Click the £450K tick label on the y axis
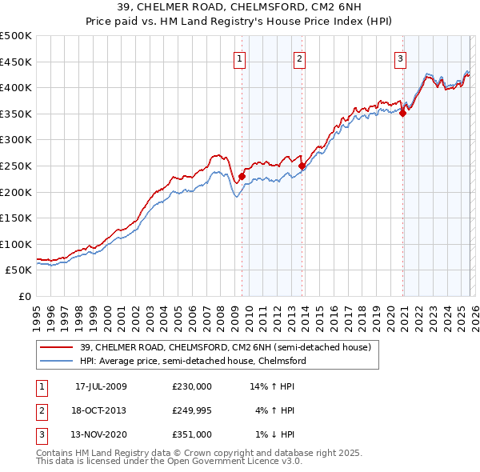click(16, 62)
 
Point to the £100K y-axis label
click(16, 244)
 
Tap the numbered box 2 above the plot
click(299, 58)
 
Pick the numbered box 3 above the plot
click(400, 58)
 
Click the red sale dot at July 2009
click(242, 176)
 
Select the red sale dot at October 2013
click(302, 166)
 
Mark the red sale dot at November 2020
click(402, 113)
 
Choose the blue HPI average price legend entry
click(192, 361)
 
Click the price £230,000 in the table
click(192, 386)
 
